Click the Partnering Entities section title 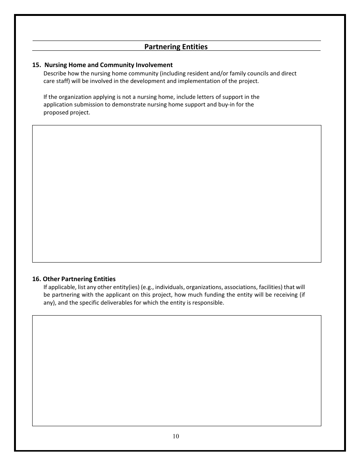[176, 47]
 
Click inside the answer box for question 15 [177, 194]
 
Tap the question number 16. [36, 279]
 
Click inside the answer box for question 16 [177, 371]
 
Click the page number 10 [176, 436]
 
